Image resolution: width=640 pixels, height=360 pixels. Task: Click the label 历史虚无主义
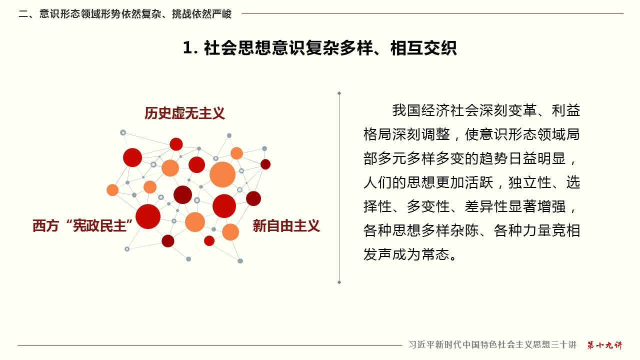[x=184, y=113]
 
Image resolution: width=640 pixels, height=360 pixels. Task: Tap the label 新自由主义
[x=286, y=226]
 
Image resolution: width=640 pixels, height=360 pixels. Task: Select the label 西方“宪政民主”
[x=83, y=226]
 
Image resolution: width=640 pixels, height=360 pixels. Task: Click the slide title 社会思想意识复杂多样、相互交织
[x=330, y=47]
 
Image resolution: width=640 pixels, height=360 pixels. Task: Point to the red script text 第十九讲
[x=604, y=345]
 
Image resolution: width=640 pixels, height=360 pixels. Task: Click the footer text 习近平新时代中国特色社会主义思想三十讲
[x=492, y=345]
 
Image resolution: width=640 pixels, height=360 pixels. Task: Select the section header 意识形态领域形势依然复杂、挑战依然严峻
[x=135, y=14]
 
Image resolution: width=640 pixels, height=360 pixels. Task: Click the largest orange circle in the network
[x=222, y=174]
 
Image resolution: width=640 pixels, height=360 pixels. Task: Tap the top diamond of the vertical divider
[x=339, y=93]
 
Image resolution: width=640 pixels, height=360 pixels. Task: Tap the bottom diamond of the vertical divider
[x=339, y=282]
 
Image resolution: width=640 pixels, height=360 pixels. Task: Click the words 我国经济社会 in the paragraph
[x=435, y=110]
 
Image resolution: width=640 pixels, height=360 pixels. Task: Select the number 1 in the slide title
[x=187, y=47]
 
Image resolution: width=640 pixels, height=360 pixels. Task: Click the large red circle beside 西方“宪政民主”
[x=148, y=216]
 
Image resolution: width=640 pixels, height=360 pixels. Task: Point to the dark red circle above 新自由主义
[x=253, y=198]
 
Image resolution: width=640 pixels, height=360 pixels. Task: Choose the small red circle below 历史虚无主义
[x=176, y=144]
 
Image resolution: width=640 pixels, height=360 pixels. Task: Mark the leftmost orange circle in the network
[x=112, y=190]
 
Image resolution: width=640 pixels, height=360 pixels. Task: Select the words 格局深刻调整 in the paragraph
[x=406, y=134]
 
